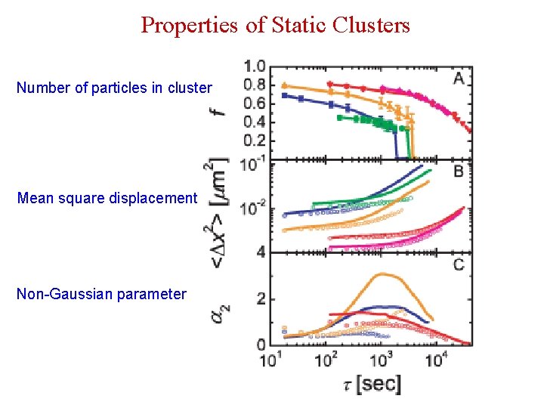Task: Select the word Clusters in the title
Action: point(372,25)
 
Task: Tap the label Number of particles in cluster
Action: point(114,88)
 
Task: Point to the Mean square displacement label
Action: point(107,199)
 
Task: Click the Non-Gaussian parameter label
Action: point(101,294)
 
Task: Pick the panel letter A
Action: point(459,77)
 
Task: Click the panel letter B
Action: point(459,172)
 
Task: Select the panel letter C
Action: point(459,264)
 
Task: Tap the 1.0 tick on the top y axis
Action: point(254,66)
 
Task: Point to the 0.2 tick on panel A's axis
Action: point(254,141)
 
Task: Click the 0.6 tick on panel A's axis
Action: point(254,104)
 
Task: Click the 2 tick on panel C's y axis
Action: point(261,299)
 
